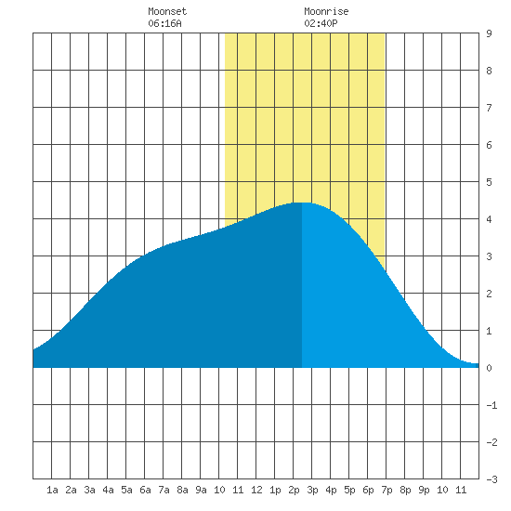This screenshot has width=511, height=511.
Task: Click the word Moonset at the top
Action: click(x=167, y=11)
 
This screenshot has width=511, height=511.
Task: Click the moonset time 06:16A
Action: click(x=164, y=23)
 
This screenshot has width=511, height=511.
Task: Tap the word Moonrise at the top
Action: click(x=326, y=11)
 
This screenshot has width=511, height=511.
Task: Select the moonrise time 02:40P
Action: click(x=321, y=23)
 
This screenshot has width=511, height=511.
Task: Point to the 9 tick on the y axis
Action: click(x=489, y=33)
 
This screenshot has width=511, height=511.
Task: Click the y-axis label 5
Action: click(x=489, y=182)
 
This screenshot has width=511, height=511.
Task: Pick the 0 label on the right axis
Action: click(x=489, y=368)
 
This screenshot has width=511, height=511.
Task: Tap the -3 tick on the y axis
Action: click(x=491, y=479)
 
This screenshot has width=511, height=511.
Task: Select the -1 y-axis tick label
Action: click(x=491, y=405)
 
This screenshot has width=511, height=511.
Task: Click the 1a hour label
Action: click(x=52, y=490)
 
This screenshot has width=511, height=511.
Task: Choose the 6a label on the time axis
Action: click(x=145, y=490)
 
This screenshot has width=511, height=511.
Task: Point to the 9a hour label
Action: click(x=201, y=490)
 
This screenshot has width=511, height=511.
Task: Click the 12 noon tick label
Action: click(x=256, y=490)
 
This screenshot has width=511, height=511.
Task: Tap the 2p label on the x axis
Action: click(x=294, y=490)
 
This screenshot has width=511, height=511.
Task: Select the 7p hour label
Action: click(x=387, y=490)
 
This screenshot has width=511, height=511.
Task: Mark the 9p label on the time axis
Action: click(x=424, y=490)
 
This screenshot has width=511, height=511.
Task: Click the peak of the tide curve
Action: click(x=302, y=203)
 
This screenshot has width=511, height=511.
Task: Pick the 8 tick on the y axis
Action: click(x=489, y=71)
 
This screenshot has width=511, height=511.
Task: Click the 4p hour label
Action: click(x=331, y=490)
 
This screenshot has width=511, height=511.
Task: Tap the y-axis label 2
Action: click(x=489, y=294)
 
